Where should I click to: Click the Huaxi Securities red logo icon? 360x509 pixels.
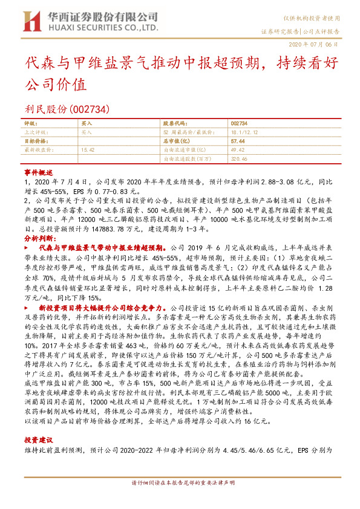[30, 22]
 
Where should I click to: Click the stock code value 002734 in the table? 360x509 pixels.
[240, 123]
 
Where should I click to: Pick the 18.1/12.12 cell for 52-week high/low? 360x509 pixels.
[244, 131]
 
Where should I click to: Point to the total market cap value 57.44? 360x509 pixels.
[237, 140]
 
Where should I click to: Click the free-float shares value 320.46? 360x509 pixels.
[239, 158]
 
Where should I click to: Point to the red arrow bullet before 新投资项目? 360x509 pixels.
[30, 308]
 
